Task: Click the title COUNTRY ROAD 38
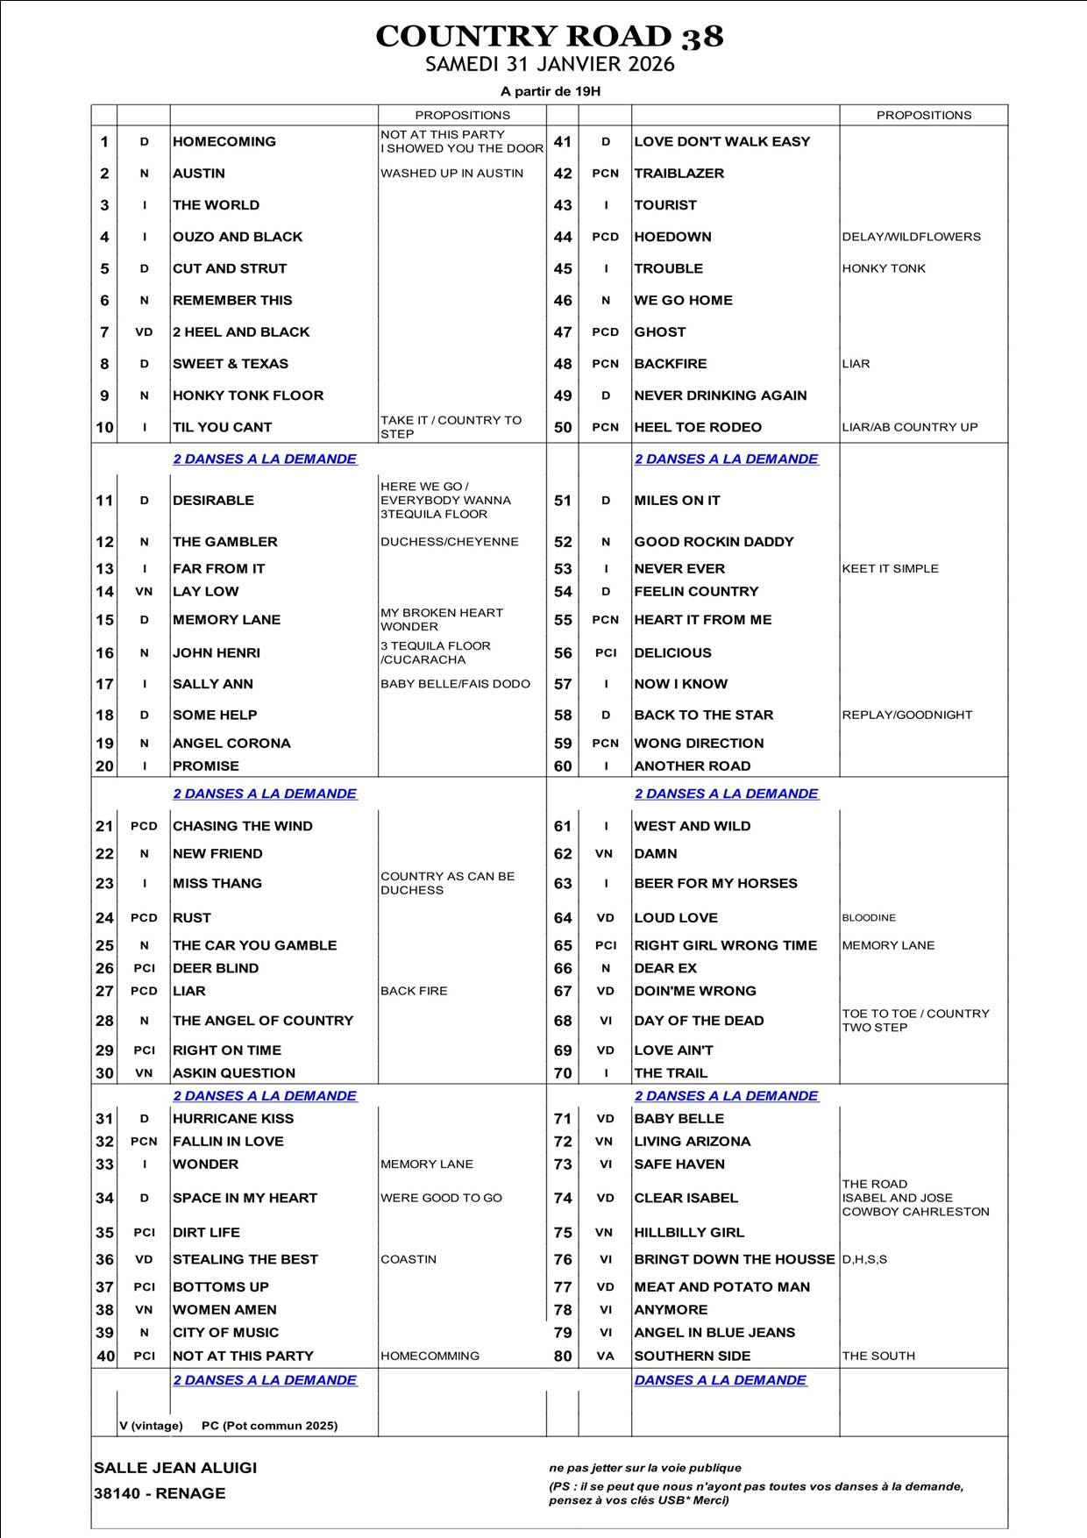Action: (x=550, y=37)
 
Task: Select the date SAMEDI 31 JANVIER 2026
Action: (x=550, y=65)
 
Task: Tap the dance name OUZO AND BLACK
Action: (x=238, y=237)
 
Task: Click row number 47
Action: (x=563, y=332)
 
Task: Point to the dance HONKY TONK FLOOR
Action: (x=248, y=395)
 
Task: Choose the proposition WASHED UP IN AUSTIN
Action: (x=451, y=174)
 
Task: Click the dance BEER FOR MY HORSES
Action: (x=715, y=883)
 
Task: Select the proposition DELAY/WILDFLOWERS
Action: (x=911, y=237)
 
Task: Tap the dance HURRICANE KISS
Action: (x=233, y=1119)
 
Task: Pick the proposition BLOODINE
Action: (x=869, y=918)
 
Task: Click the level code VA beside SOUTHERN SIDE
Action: (x=606, y=1356)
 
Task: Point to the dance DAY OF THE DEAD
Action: (x=699, y=1021)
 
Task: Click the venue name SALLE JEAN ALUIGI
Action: (x=175, y=1468)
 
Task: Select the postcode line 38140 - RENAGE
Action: (x=160, y=1493)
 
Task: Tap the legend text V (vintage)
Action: (x=151, y=1426)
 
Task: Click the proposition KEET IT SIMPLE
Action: (x=890, y=568)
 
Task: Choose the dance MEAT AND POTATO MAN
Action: (x=721, y=1287)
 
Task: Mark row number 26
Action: (x=104, y=968)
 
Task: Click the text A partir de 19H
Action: (x=550, y=91)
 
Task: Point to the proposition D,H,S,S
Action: (x=864, y=1259)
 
